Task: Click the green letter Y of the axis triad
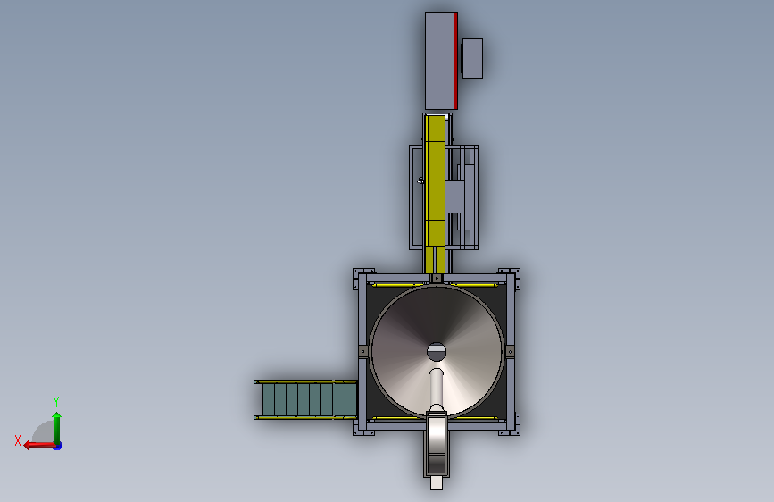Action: [56, 401]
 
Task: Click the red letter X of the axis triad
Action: [18, 440]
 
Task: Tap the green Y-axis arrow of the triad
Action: [57, 427]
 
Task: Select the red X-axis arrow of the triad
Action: [39, 446]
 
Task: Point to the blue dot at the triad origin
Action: [58, 446]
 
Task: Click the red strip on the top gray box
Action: [455, 60]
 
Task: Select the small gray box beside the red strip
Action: [472, 58]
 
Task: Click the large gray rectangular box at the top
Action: [440, 60]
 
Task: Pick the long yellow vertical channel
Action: [436, 194]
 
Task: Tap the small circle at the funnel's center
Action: [437, 352]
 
